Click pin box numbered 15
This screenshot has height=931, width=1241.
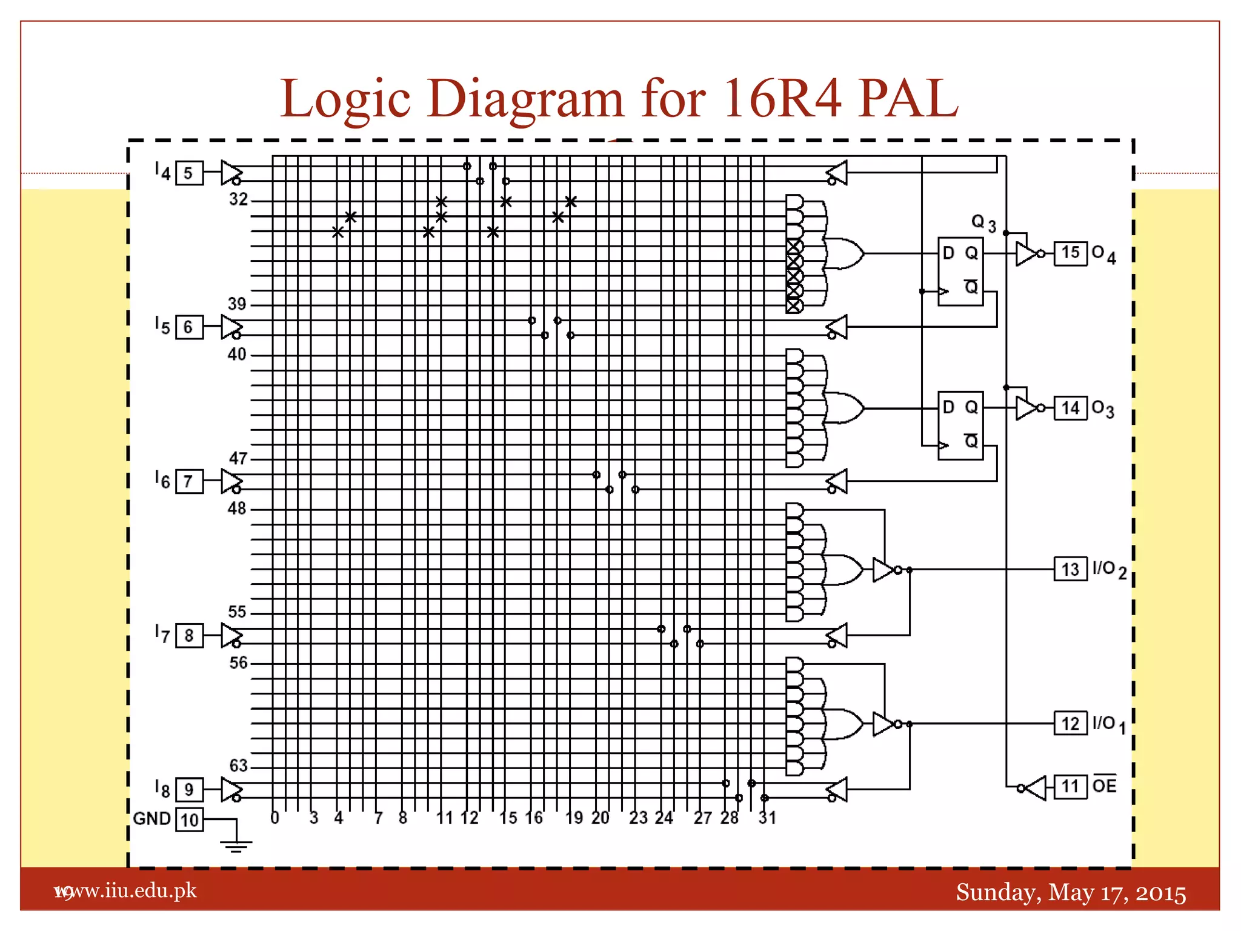click(x=1070, y=253)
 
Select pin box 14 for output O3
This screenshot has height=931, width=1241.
click(x=1070, y=408)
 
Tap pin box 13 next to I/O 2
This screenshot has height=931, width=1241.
click(x=1070, y=569)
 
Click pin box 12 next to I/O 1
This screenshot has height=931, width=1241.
click(x=1070, y=723)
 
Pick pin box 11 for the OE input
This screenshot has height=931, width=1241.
click(x=1070, y=787)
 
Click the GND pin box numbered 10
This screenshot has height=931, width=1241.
click(x=189, y=819)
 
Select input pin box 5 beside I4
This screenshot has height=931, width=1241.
click(x=189, y=173)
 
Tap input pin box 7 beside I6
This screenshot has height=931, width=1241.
click(x=189, y=481)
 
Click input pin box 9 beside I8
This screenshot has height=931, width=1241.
click(x=189, y=789)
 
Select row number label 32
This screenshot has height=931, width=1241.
click(x=238, y=199)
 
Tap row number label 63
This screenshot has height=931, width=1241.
click(x=238, y=766)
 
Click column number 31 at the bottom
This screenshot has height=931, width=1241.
click(x=767, y=818)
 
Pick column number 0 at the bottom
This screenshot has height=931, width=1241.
click(x=274, y=818)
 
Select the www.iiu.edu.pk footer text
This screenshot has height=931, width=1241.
click(x=127, y=890)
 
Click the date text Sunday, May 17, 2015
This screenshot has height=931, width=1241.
click(x=1071, y=892)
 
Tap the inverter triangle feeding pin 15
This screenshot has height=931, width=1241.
click(x=1026, y=253)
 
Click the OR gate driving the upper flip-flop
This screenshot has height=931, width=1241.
click(x=844, y=253)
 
